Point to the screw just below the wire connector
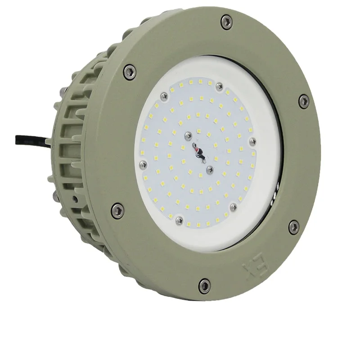coord(209,169)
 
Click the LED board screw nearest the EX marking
coord(233,207)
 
